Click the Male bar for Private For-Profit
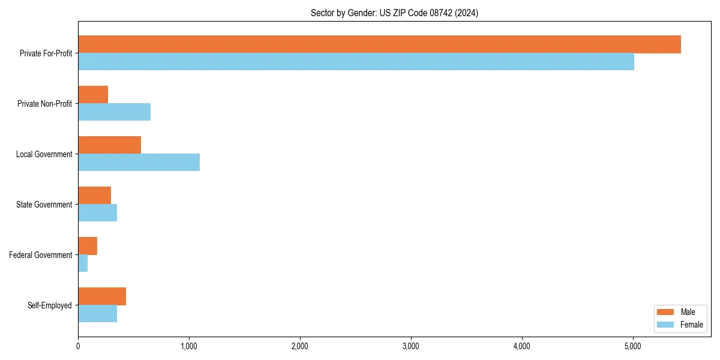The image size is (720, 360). pos(379,44)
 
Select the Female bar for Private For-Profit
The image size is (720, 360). pos(356,62)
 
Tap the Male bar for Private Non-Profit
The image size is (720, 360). pos(93,95)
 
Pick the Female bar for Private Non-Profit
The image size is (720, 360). pos(114,112)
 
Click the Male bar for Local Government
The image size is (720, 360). pos(109,145)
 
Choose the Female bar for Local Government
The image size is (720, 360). pos(139,163)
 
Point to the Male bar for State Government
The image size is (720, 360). pos(94,196)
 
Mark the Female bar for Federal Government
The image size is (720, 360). pos(83,263)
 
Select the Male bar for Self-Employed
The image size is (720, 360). pos(102,296)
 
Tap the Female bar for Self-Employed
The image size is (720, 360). pos(97,314)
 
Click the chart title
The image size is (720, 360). pos(394,13)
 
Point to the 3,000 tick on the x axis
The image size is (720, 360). pos(411,346)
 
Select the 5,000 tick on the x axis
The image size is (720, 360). pos(633,346)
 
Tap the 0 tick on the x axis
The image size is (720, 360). pos(78,346)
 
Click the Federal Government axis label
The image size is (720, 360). pos(41,255)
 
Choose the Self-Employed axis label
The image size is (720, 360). pos(50,305)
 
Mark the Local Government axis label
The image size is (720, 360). pos(44,154)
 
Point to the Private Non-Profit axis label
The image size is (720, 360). pos(45,104)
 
